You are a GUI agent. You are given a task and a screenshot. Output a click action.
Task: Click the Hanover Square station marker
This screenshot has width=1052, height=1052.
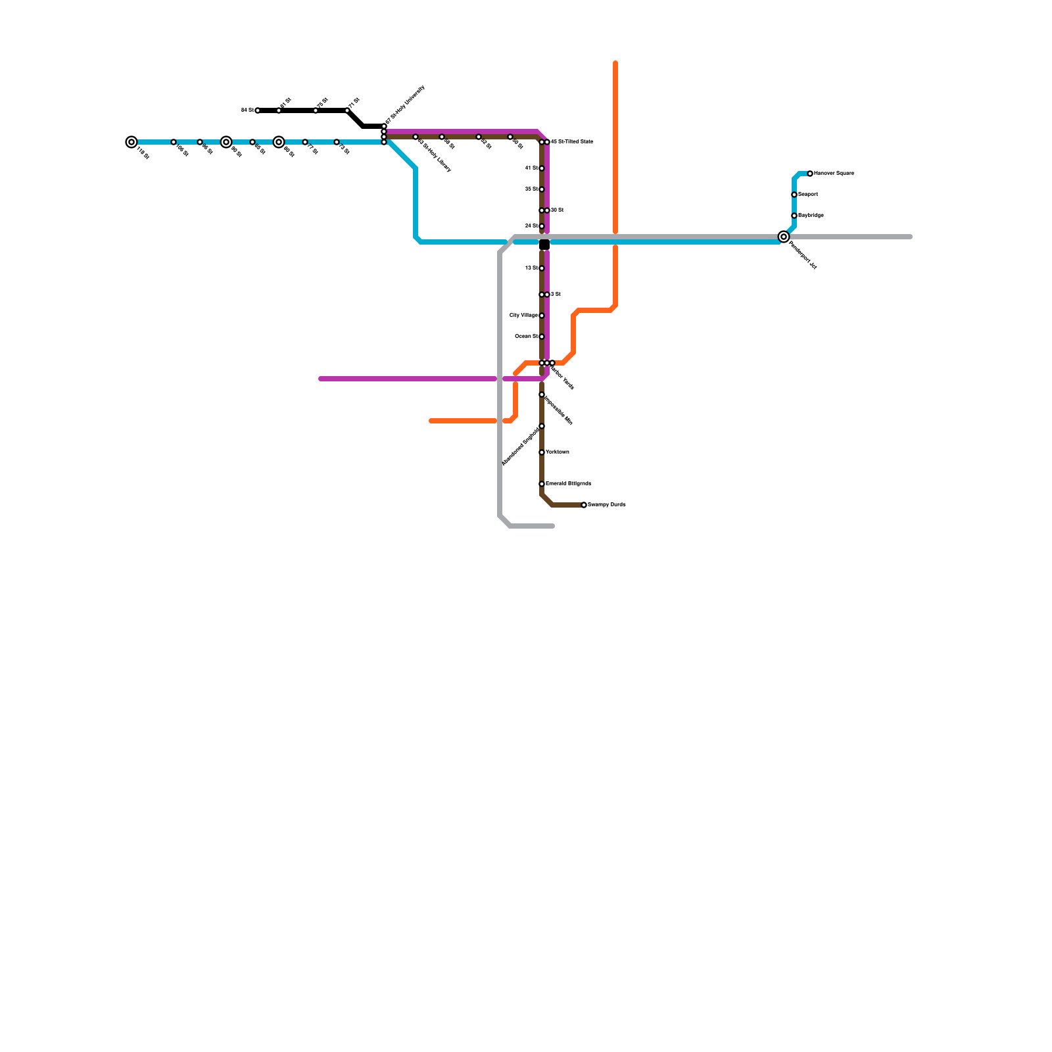point(810,174)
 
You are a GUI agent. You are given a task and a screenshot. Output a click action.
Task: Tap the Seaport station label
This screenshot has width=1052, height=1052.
point(808,195)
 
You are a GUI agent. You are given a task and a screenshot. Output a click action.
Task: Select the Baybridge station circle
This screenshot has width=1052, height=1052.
point(794,216)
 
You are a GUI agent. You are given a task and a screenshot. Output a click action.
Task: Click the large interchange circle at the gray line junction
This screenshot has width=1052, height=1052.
point(784,237)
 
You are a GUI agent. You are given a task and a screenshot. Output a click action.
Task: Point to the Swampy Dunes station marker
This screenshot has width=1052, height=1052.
point(584,505)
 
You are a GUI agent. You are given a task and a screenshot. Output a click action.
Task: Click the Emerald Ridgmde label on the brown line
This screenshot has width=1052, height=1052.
point(569,484)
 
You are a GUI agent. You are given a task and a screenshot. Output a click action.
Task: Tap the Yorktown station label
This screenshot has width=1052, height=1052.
point(558,452)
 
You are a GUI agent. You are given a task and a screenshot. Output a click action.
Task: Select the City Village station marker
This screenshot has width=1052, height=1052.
point(542,316)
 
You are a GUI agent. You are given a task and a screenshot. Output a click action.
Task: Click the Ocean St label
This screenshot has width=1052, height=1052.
point(526,337)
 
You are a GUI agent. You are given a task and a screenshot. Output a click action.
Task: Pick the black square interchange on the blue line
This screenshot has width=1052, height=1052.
point(544,245)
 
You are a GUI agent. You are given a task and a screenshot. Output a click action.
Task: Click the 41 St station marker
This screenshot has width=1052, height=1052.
point(542,168)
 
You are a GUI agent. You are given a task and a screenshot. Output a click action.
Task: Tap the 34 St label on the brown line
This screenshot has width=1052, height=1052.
point(531,226)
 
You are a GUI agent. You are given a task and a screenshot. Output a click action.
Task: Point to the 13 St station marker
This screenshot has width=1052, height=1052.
point(542,268)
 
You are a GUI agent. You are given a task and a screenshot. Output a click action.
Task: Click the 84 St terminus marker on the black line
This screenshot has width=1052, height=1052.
point(258,110)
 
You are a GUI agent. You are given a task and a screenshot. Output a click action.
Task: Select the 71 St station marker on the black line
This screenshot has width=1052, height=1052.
point(347,110)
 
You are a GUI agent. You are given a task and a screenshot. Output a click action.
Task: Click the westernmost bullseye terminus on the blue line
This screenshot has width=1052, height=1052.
point(131,142)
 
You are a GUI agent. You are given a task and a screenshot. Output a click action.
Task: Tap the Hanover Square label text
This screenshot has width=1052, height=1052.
point(834,174)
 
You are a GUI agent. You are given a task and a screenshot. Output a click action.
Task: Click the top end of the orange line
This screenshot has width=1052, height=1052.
point(615,63)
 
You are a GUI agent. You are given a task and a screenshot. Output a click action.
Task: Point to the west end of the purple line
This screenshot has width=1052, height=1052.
point(321,379)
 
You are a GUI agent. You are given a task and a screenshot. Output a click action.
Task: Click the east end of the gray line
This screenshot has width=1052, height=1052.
point(910,237)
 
